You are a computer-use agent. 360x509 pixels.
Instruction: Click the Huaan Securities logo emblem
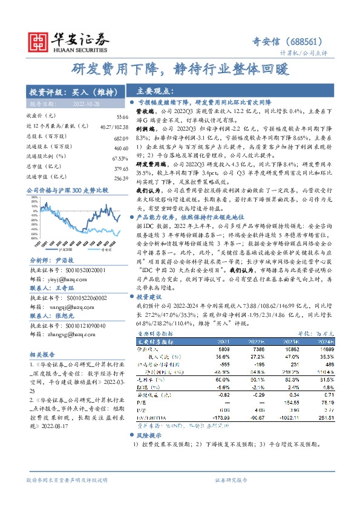40,40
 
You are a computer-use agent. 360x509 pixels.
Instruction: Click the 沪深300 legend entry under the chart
67,249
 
